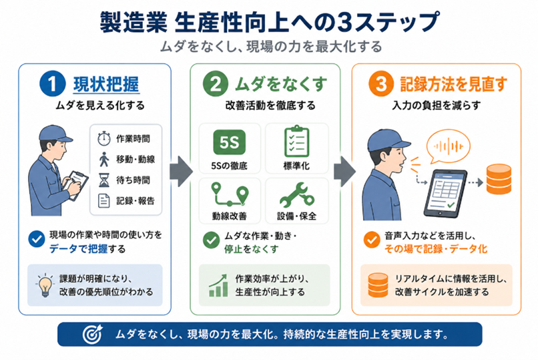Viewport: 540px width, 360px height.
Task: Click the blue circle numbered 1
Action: coord(52,83)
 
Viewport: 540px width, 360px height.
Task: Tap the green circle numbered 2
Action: coord(215,83)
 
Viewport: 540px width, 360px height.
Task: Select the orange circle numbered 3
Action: coord(380,83)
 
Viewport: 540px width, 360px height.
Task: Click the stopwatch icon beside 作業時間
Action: coord(103,138)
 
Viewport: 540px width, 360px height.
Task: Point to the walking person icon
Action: coord(103,159)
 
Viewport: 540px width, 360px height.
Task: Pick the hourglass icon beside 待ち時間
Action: coord(103,180)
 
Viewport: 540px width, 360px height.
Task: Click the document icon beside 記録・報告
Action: coord(103,200)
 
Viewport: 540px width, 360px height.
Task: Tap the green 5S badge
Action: coord(229,142)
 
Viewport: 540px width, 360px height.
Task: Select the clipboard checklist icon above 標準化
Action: coord(296,142)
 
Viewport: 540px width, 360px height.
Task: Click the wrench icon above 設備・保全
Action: coord(297,195)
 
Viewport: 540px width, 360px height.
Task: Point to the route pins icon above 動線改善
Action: coord(230,194)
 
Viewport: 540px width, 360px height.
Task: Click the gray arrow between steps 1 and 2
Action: coord(181,171)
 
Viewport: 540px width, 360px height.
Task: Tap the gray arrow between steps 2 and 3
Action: coord(344,171)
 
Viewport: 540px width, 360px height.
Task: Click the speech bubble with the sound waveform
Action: coord(448,146)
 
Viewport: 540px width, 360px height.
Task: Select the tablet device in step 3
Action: coord(445,193)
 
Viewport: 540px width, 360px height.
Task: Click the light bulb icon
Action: coord(45,285)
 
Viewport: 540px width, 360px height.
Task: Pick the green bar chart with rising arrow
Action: coord(218,286)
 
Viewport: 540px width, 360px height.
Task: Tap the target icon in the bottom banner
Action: coord(93,334)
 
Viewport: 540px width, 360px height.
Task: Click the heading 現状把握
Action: coord(106,84)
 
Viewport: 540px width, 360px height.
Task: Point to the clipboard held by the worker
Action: coord(77,184)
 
